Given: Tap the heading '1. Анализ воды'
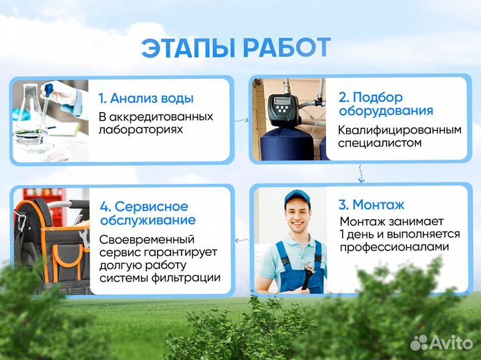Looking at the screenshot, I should [146, 98].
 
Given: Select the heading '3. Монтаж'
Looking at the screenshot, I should [371, 205].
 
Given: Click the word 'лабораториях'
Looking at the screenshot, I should [140, 130].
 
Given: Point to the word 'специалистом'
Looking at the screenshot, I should [379, 143].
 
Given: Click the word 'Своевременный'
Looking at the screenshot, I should [147, 238].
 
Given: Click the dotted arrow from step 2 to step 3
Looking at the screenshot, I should [360, 174].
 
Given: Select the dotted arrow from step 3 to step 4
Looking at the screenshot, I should [240, 238].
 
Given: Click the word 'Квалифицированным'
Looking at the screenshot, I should [399, 130].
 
